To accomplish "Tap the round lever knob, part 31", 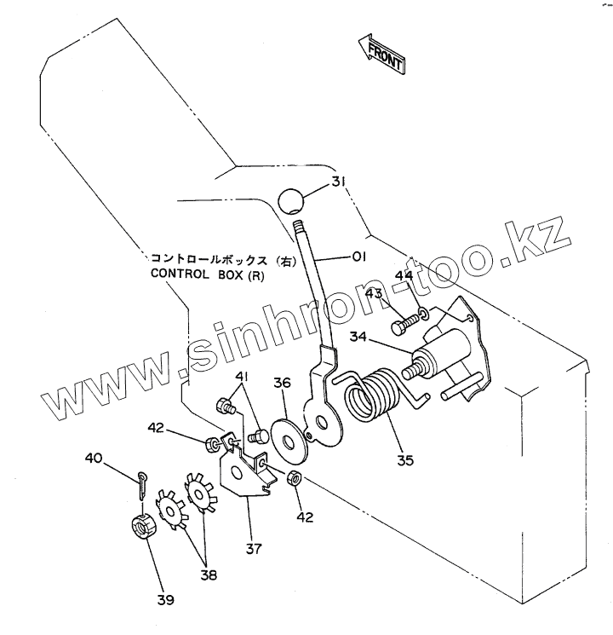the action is [292, 202].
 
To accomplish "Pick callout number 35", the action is [404, 460].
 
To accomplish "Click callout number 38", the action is [209, 575].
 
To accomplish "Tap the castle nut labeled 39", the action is [145, 526].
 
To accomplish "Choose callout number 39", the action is [165, 600].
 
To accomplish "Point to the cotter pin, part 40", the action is [141, 485].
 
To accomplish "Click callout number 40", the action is [95, 459].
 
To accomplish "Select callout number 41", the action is [243, 377].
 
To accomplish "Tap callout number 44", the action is [404, 275].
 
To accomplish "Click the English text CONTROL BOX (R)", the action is [203, 274].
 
